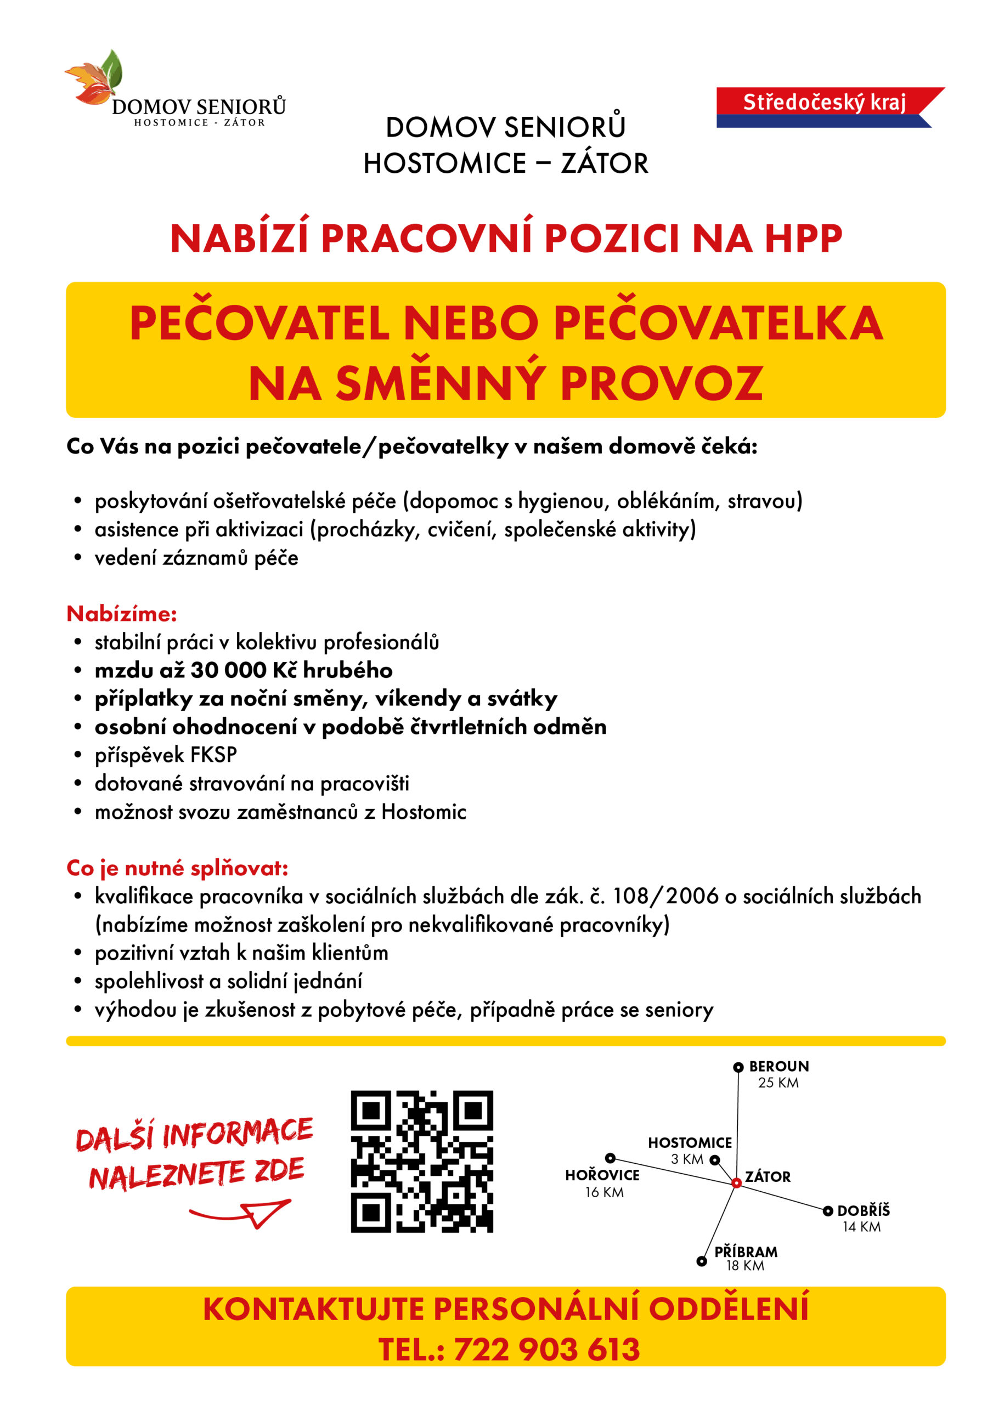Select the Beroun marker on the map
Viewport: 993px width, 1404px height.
pyautogui.click(x=738, y=1067)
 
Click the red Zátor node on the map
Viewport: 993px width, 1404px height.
pyautogui.click(x=737, y=1182)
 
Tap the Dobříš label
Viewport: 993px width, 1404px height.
pyautogui.click(x=864, y=1210)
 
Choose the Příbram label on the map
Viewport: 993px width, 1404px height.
pyautogui.click(x=746, y=1251)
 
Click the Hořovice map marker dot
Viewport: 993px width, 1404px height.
pyautogui.click(x=610, y=1158)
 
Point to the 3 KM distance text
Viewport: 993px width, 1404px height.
pyautogui.click(x=687, y=1159)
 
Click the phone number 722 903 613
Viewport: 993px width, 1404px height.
pyautogui.click(x=546, y=1350)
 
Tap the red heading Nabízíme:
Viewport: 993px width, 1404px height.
pyautogui.click(x=122, y=613)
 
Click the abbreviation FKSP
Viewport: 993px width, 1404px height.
pyautogui.click(x=213, y=755)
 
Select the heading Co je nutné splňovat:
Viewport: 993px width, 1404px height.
pyautogui.click(x=177, y=868)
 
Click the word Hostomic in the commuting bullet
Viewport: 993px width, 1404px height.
pyautogui.click(x=424, y=812)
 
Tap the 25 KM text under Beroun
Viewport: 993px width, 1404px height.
pyautogui.click(x=778, y=1083)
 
